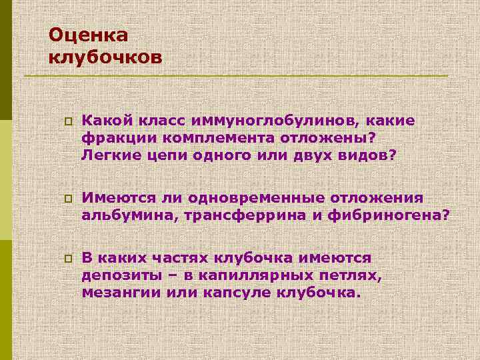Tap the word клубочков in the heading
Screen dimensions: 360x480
tap(105, 57)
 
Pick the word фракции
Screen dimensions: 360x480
tap(111, 137)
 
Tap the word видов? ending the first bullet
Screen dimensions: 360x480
tap(369, 155)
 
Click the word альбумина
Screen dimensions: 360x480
tap(121, 215)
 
